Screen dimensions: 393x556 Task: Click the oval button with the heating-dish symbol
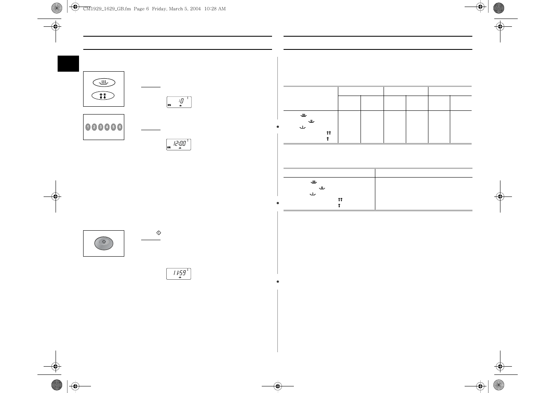[x=104, y=82]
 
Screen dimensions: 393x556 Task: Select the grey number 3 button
[x=100, y=127]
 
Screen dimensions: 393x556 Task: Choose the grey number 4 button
[x=107, y=127]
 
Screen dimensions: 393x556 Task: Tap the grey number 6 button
[x=120, y=127]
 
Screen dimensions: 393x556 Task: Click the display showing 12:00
[x=179, y=145]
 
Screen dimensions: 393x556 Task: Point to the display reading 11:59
[x=179, y=274]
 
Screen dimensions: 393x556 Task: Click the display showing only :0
[x=179, y=102]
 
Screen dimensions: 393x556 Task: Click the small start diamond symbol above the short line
[x=158, y=233]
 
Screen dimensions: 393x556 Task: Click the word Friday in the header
[x=159, y=9]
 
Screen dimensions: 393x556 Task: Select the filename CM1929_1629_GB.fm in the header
[x=107, y=9]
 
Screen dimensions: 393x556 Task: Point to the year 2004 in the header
[x=195, y=9]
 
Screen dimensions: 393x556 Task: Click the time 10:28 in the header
[x=210, y=9]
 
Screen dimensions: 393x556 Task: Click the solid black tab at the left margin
[x=68, y=64]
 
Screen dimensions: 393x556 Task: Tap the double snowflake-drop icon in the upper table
[x=329, y=133]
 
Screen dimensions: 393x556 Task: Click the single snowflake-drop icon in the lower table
[x=340, y=205]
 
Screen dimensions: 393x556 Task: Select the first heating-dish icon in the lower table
[x=314, y=182]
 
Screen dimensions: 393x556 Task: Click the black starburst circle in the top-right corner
[x=499, y=8]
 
